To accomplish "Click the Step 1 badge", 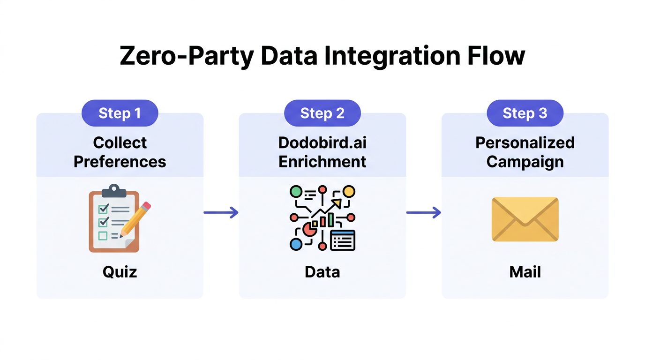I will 120,113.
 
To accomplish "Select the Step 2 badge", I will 322,113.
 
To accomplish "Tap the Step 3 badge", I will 525,113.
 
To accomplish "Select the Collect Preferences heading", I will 120,152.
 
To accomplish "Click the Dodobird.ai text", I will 322,142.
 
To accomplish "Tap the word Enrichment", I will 322,162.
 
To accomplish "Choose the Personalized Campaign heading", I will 525,152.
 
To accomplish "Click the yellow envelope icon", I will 525,219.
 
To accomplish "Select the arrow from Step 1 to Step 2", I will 221,213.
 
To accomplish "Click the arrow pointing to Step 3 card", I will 423,213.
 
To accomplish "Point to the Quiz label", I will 120,272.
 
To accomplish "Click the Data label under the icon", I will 322,272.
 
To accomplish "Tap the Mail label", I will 525,272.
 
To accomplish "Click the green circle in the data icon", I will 296,191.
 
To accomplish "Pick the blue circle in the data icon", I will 296,244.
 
